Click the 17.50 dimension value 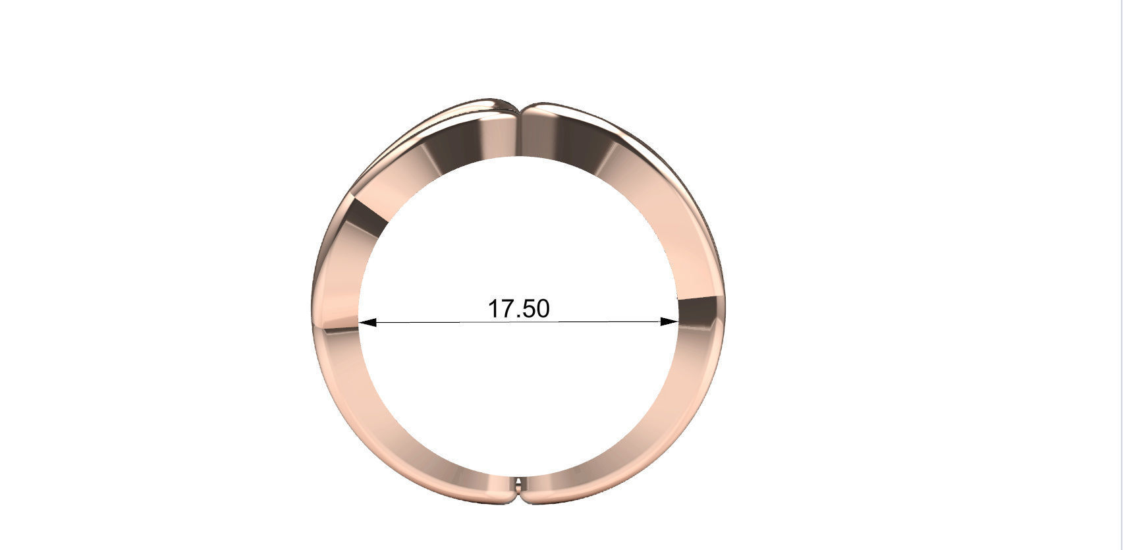[518, 308]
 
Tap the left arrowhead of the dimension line [367, 322]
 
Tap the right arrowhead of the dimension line [669, 322]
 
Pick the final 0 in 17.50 [541, 308]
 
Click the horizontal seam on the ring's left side [336, 325]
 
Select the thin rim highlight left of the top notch [461, 109]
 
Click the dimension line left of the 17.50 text [428, 322]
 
